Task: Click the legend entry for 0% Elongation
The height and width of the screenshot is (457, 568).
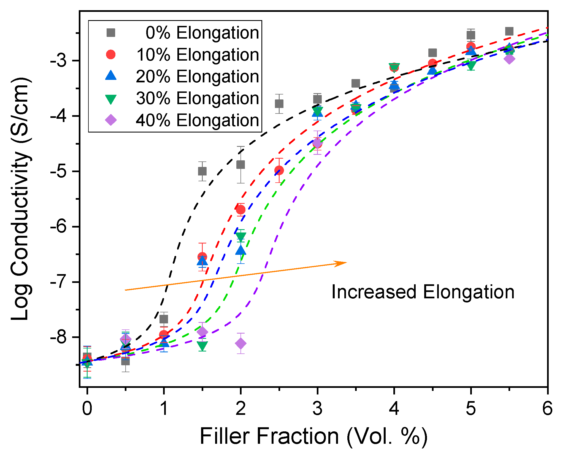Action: click(202, 33)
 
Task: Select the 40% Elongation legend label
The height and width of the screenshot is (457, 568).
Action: click(198, 120)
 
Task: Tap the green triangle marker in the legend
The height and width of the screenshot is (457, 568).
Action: click(111, 99)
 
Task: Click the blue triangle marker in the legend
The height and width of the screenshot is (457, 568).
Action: click(111, 76)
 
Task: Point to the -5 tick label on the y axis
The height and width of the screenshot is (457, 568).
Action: click(59, 171)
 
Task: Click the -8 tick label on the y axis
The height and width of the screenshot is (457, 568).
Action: click(59, 337)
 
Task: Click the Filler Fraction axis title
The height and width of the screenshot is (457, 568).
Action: click(313, 436)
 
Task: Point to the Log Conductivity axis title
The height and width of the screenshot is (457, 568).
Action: click(21, 198)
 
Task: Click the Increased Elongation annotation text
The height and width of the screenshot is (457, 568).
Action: click(423, 292)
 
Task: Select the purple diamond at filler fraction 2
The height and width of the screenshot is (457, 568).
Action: click(241, 343)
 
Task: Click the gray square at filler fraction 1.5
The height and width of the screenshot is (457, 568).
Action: click(202, 171)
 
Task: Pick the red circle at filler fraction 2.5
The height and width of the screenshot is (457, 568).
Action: click(279, 170)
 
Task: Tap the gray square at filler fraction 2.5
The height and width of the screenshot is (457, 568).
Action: click(279, 104)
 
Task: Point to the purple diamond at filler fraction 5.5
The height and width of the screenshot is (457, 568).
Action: click(509, 59)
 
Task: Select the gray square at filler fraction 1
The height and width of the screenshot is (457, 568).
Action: click(164, 319)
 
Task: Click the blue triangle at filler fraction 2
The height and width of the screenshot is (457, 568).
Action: click(241, 250)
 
